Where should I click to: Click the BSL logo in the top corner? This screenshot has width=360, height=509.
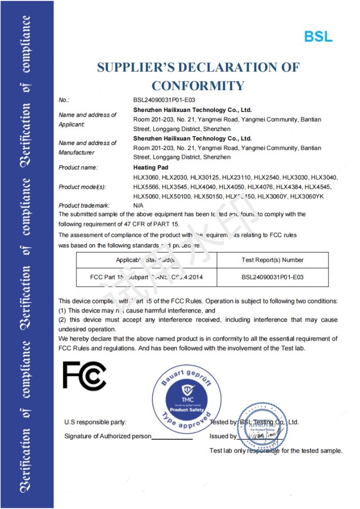coord(318,36)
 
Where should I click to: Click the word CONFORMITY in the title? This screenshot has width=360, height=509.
coord(198,85)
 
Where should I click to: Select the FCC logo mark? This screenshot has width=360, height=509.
coord(84,376)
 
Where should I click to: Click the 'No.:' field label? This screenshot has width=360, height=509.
coord(64,100)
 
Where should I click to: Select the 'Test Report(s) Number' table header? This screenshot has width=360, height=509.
coord(272,260)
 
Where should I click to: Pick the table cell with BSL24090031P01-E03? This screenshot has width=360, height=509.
coord(272,278)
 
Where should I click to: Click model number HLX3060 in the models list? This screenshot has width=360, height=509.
coord(146,177)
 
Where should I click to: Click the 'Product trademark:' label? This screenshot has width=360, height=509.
coord(84,206)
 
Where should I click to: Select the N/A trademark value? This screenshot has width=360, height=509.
coord(139,206)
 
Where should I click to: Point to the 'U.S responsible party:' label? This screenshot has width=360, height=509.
coord(95,422)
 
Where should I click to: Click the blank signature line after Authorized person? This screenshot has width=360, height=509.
coord(172,437)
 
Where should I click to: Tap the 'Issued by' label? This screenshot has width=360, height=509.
coord(223,436)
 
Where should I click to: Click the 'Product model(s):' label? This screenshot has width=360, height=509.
coord(82,187)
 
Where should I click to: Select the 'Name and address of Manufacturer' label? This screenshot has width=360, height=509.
coord(87,148)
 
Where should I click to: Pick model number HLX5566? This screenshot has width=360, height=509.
coord(146,187)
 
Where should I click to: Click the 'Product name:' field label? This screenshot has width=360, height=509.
coord(78,167)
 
